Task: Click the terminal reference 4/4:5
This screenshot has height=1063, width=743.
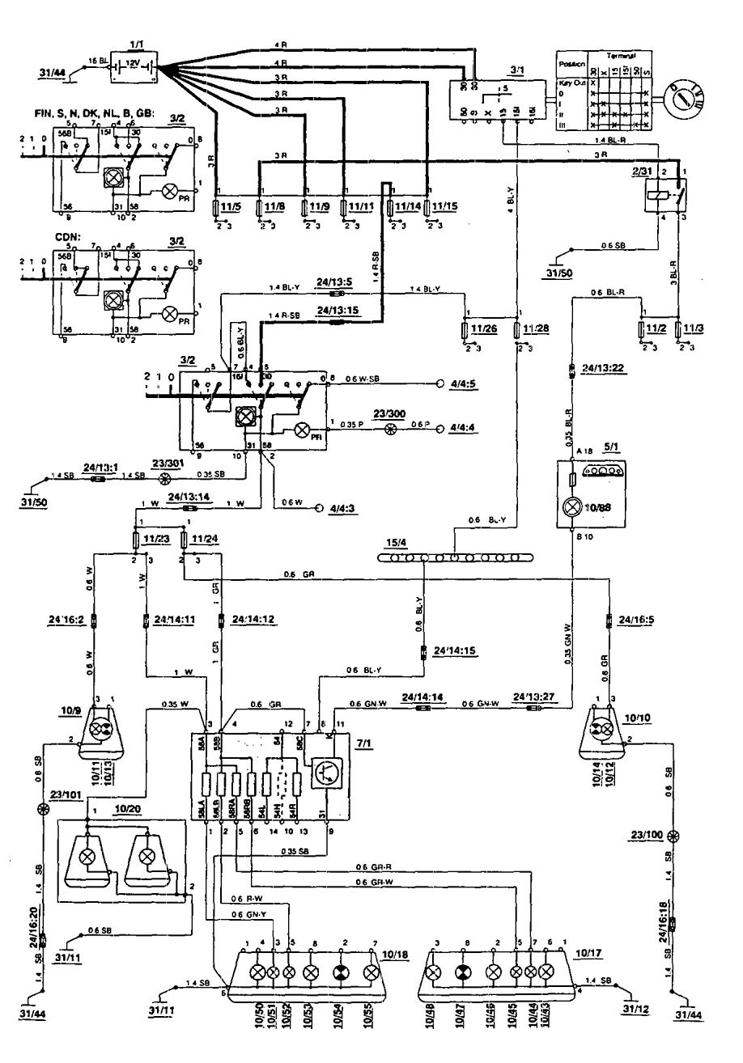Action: (x=463, y=385)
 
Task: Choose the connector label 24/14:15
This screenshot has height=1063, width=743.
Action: (x=454, y=650)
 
